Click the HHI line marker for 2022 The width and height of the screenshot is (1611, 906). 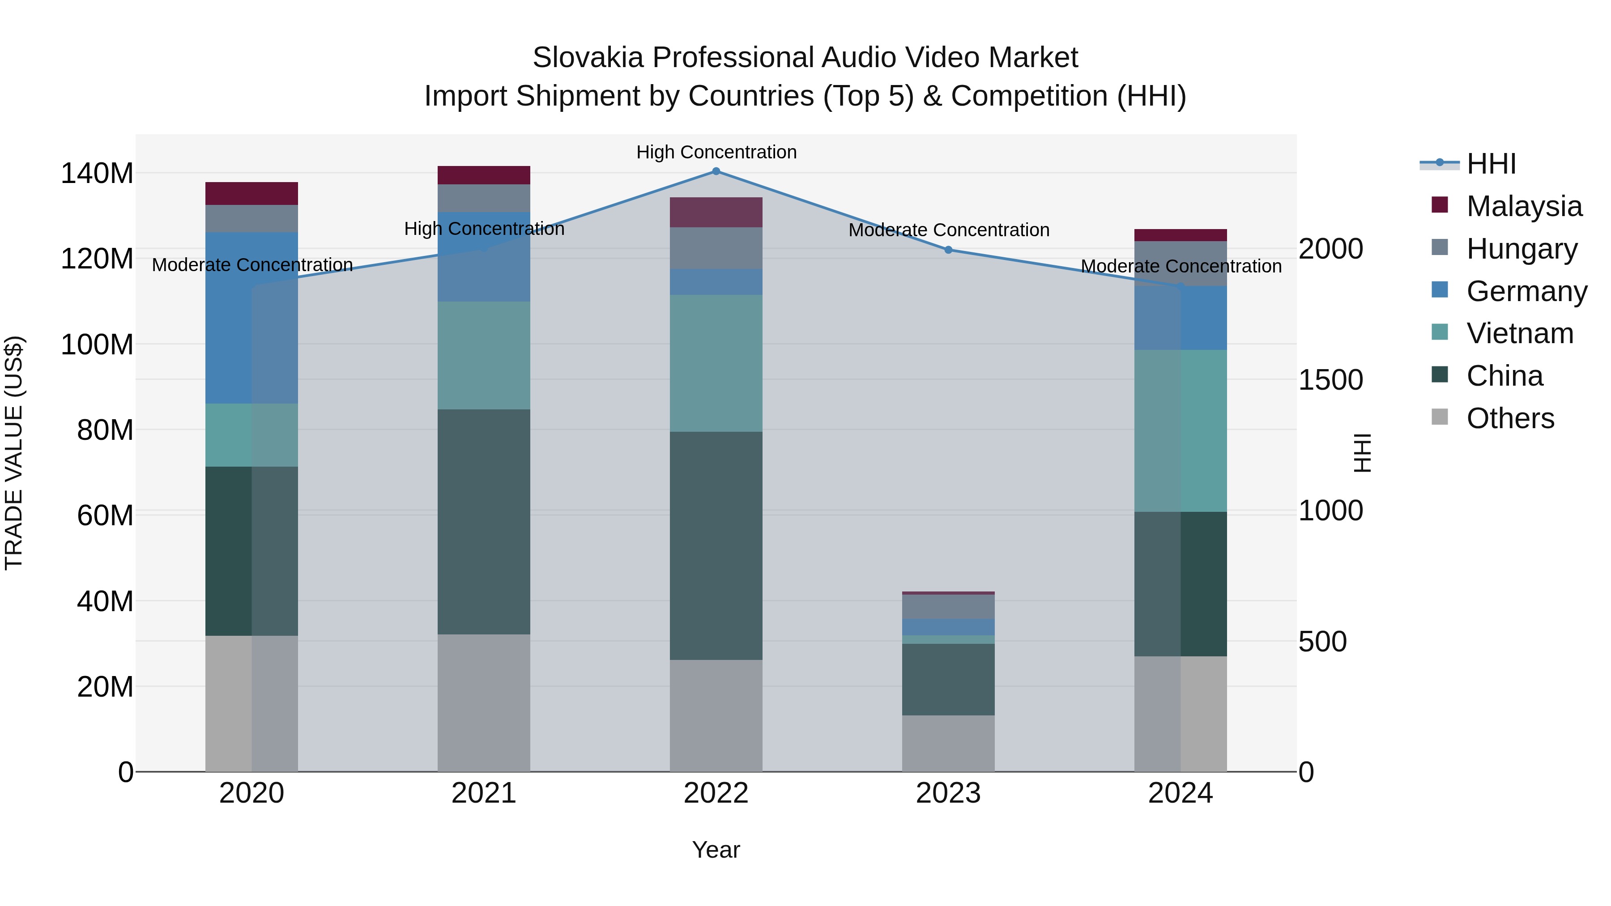(716, 171)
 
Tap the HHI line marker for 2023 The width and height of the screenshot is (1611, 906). (948, 250)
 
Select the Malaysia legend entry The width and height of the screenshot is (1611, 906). (1523, 206)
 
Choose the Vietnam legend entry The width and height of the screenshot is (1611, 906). (1520, 333)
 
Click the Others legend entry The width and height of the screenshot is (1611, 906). (1510, 418)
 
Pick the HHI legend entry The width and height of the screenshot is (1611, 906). (1491, 164)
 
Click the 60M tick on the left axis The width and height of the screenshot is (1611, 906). (105, 516)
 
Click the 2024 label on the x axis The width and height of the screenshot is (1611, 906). (1180, 793)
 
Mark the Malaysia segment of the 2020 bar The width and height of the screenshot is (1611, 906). (251, 193)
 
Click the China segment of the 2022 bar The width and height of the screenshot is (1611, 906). (716, 545)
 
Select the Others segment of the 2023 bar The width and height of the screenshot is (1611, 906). (948, 744)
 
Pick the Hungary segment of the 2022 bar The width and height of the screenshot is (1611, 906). (716, 248)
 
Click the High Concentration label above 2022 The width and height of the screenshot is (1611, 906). (716, 153)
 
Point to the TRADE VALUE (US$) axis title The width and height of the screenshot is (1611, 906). (14, 453)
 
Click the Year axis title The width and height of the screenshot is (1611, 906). (716, 850)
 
